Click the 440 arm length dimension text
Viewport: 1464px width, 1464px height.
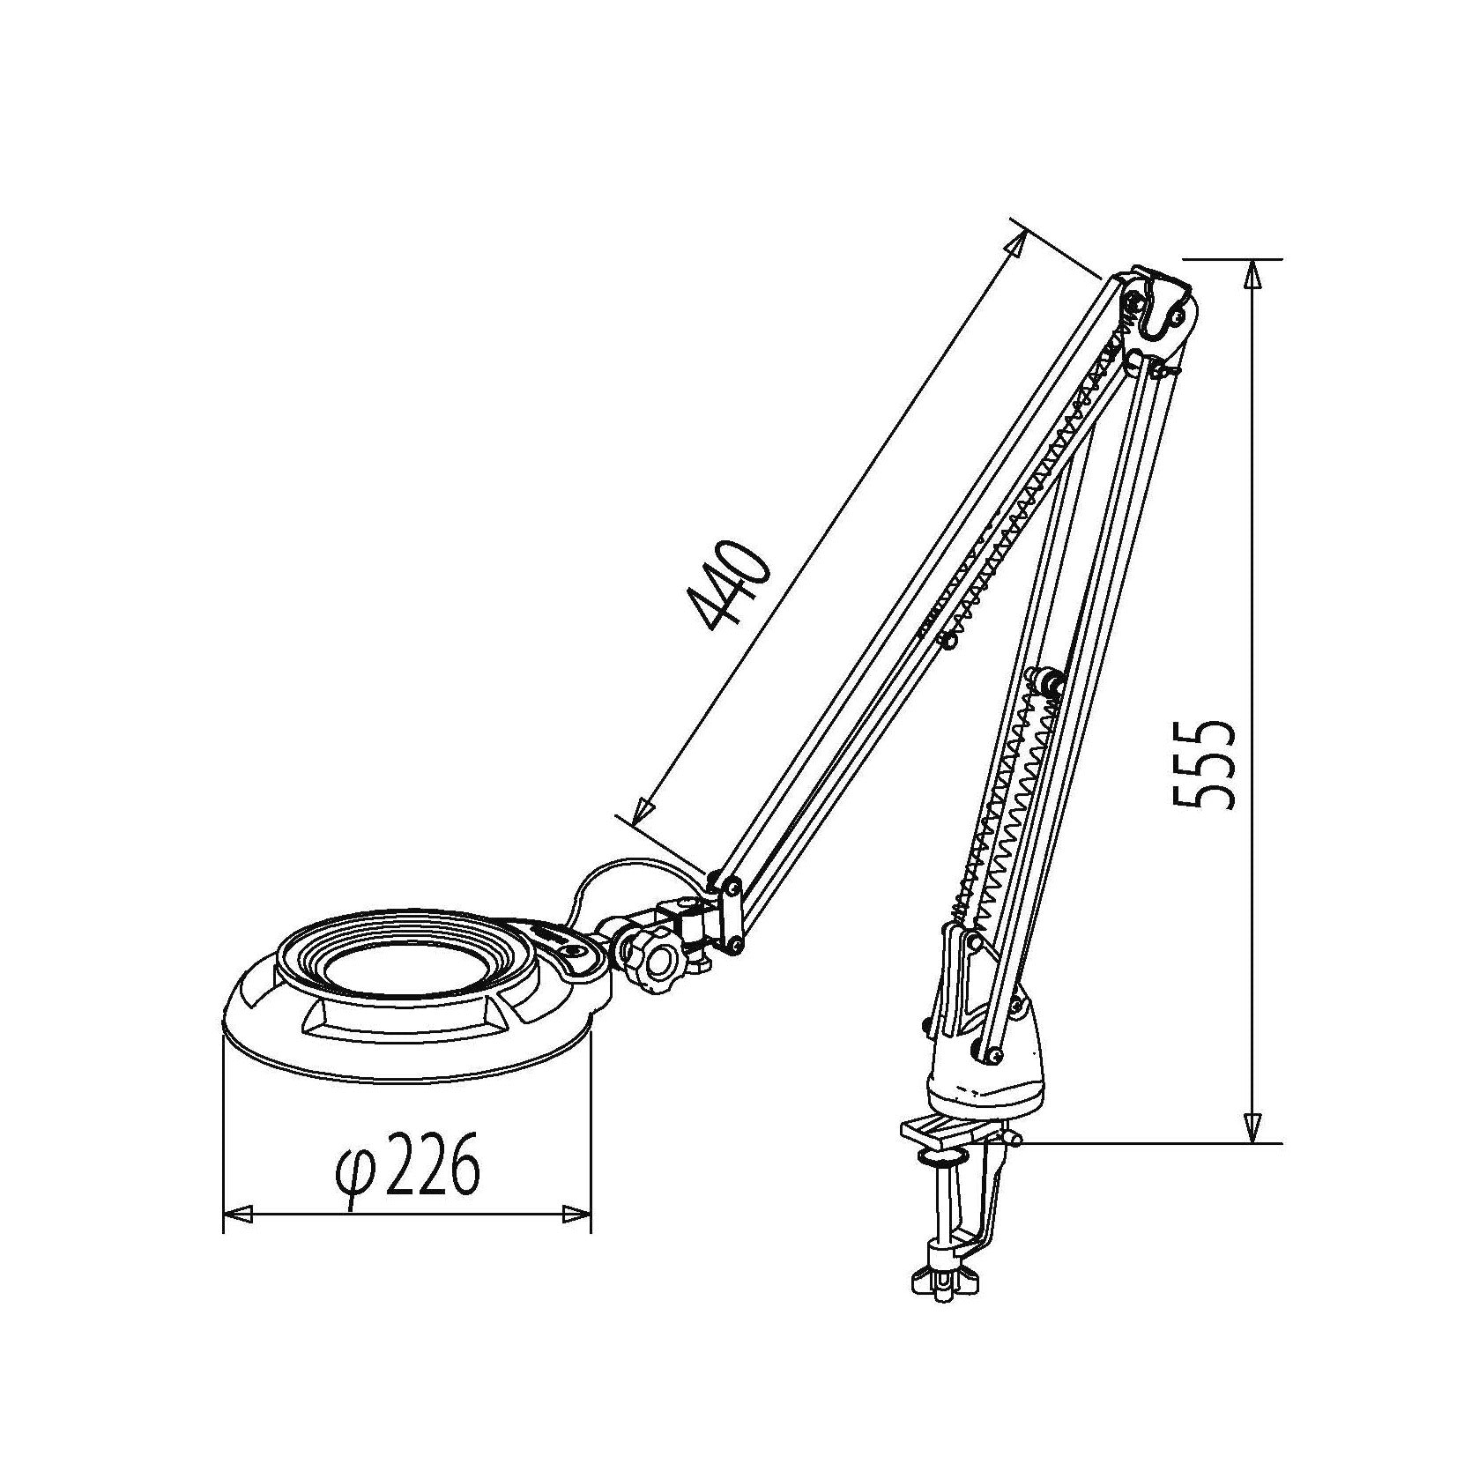coord(731,587)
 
